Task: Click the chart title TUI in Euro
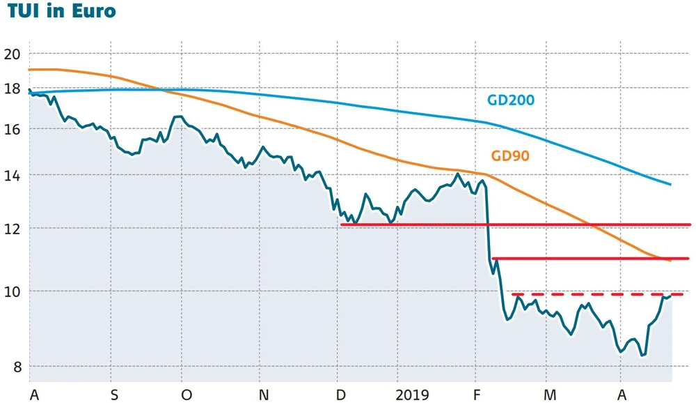(x=58, y=12)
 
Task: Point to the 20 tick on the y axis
(x=13, y=54)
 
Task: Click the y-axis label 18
(x=13, y=89)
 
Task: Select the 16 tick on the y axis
(x=13, y=130)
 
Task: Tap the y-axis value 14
(x=13, y=176)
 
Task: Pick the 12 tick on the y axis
(x=13, y=229)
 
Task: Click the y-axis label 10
(x=13, y=291)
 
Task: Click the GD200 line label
(x=510, y=100)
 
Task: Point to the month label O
(x=187, y=395)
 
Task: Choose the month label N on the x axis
(x=263, y=395)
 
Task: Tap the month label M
(x=550, y=395)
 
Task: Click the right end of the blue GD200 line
(x=670, y=184)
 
